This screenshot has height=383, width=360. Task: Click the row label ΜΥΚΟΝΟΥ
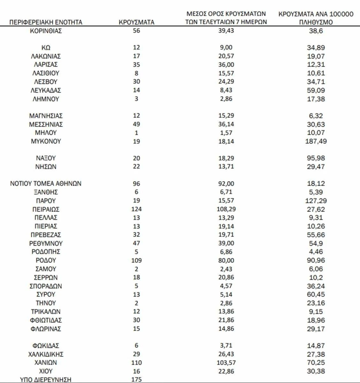(x=46, y=141)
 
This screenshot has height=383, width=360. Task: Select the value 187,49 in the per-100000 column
(x=316, y=141)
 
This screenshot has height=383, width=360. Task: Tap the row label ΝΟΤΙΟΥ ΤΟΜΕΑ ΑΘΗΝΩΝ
(x=46, y=184)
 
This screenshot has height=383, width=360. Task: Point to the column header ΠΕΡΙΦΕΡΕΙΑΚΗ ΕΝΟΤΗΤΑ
(x=46, y=22)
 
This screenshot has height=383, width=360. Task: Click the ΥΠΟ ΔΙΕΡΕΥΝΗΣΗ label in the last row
(x=46, y=379)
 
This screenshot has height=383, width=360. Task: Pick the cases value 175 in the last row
(x=136, y=379)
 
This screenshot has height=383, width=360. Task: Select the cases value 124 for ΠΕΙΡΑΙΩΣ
(x=136, y=209)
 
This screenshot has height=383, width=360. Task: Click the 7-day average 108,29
(x=226, y=209)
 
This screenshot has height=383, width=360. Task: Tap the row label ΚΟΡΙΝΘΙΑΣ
(x=46, y=31)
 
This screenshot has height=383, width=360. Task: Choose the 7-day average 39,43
(x=226, y=31)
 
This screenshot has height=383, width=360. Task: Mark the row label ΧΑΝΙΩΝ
(x=46, y=363)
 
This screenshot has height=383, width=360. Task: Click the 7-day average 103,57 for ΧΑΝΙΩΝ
(x=226, y=363)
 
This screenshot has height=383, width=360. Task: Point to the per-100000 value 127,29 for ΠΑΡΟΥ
(x=316, y=201)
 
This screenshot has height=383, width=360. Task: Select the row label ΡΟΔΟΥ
(x=46, y=260)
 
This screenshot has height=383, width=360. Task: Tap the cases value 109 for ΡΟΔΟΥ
(x=136, y=260)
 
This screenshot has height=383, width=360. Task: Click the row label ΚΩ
(x=46, y=48)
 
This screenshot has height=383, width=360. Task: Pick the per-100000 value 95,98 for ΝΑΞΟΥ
(x=316, y=158)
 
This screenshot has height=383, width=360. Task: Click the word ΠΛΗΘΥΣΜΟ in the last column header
(x=316, y=22)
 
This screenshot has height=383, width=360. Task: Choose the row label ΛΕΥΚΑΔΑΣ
(x=46, y=90)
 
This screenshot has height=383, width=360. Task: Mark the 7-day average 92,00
(x=226, y=184)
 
